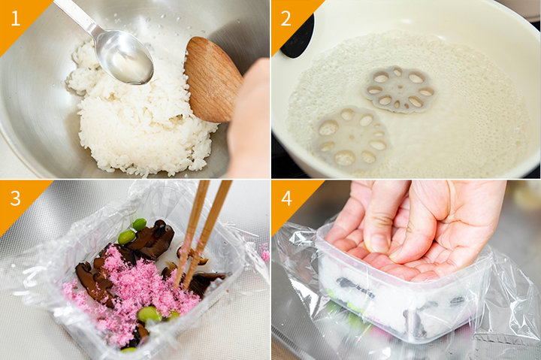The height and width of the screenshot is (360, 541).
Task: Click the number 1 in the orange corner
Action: (15, 18)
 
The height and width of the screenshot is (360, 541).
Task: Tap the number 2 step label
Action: (286, 18)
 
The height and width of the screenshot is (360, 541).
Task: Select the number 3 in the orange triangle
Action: (16, 198)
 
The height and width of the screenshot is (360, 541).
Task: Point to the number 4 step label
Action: (287, 198)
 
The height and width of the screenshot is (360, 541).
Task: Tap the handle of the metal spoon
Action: (75, 15)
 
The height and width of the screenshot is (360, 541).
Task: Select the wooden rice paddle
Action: (211, 80)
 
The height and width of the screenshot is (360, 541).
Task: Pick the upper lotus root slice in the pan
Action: (399, 89)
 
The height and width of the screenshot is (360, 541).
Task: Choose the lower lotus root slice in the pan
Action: (351, 138)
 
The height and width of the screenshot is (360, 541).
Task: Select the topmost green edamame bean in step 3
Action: (140, 225)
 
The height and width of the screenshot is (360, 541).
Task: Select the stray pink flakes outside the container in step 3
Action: (264, 253)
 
